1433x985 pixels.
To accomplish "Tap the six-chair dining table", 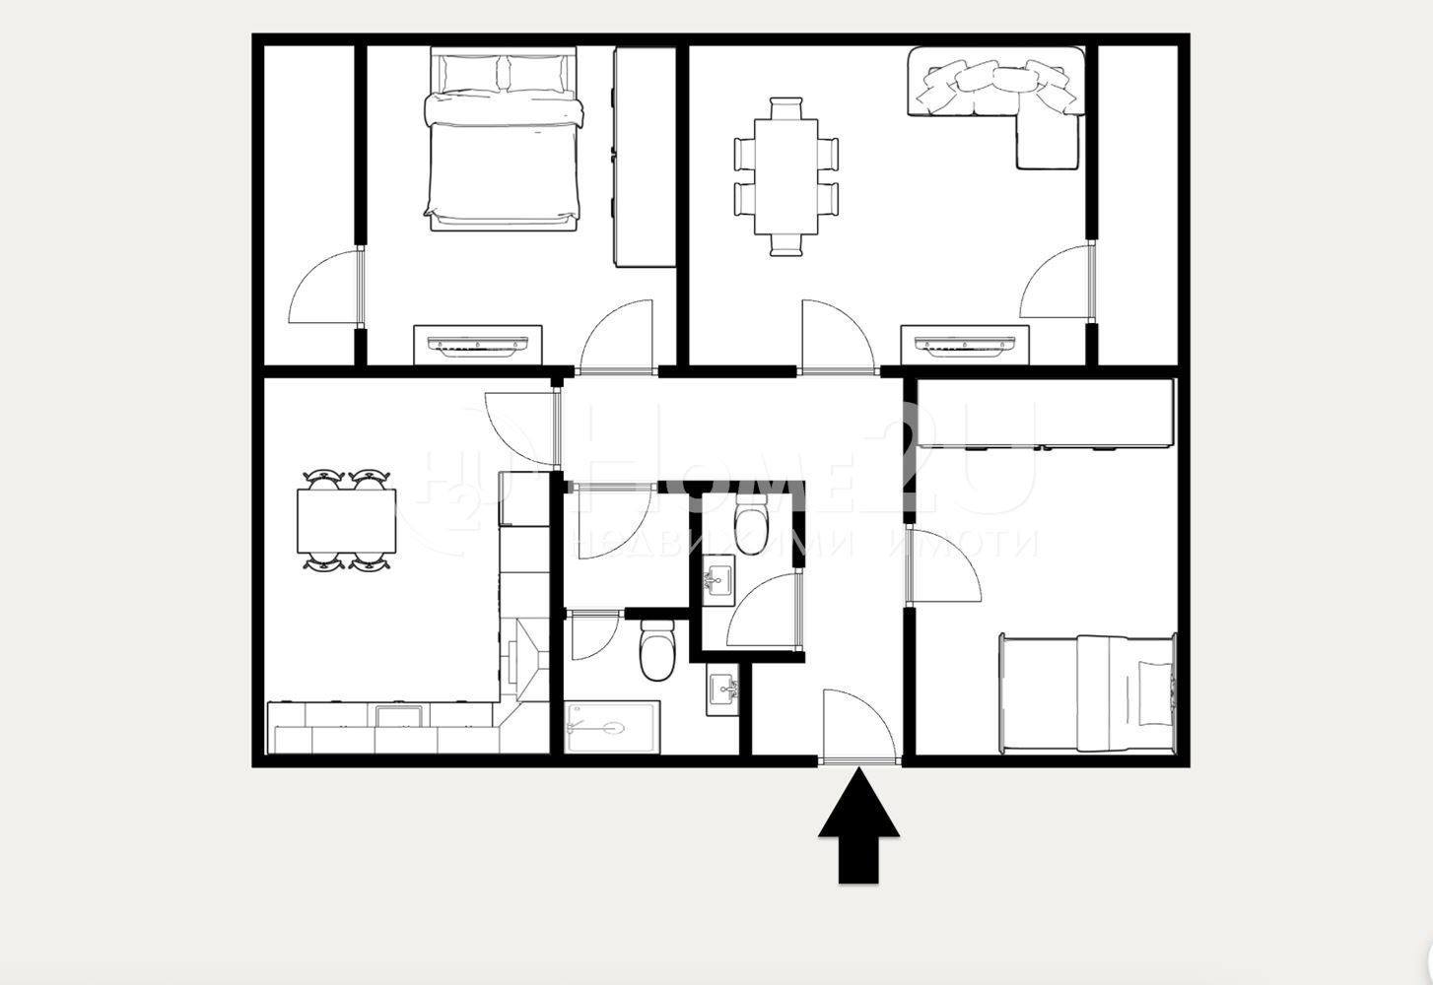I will tap(786, 177).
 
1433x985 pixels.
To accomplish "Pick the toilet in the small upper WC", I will tap(751, 518).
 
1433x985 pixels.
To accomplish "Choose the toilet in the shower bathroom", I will tap(655, 650).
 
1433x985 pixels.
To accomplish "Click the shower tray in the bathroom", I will tap(611, 728).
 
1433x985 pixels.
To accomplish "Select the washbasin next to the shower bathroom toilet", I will tap(722, 689).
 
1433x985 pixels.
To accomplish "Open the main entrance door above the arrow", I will tap(857, 729).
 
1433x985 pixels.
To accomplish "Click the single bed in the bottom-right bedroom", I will tap(1089, 693).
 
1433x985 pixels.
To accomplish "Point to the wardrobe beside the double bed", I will tap(644, 158).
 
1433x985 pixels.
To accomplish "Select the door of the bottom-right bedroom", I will tap(941, 566).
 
